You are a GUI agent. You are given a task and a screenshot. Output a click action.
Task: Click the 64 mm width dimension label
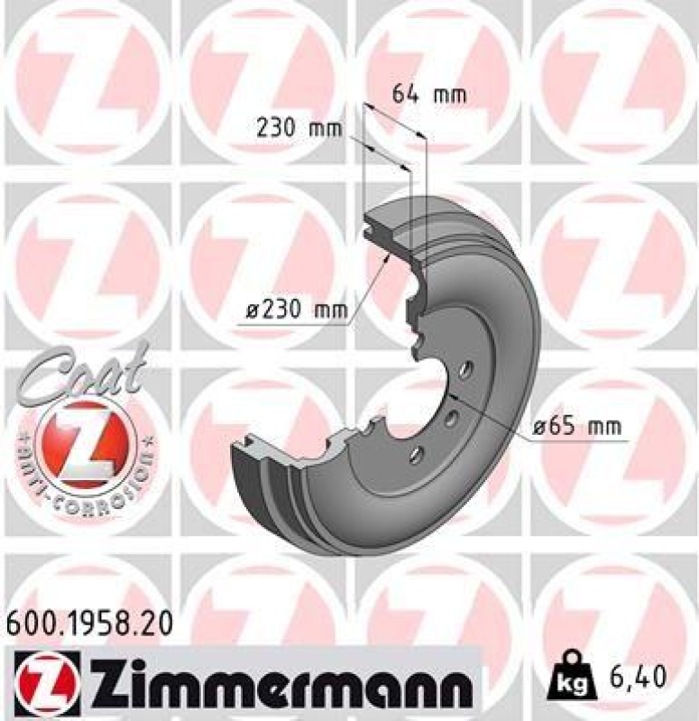[x=429, y=93]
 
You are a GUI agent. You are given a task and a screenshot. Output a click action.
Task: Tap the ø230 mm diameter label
[x=297, y=310]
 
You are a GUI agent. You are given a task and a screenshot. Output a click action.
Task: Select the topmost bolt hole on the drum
[x=465, y=370]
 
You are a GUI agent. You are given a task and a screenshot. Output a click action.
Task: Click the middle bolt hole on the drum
[x=450, y=416]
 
